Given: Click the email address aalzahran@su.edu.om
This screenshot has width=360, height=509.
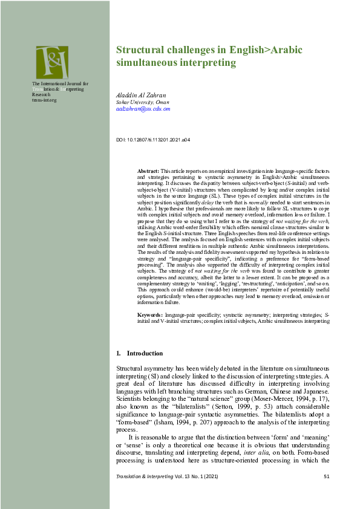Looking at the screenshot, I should pos(143,109).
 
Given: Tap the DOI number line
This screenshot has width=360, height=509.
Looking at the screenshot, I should pos(152,140).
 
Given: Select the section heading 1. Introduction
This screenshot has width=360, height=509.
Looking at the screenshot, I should pos(139,353).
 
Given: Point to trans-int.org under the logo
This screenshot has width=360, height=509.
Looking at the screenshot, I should pos(44,100).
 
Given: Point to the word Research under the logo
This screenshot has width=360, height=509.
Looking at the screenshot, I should pos(42,94).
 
